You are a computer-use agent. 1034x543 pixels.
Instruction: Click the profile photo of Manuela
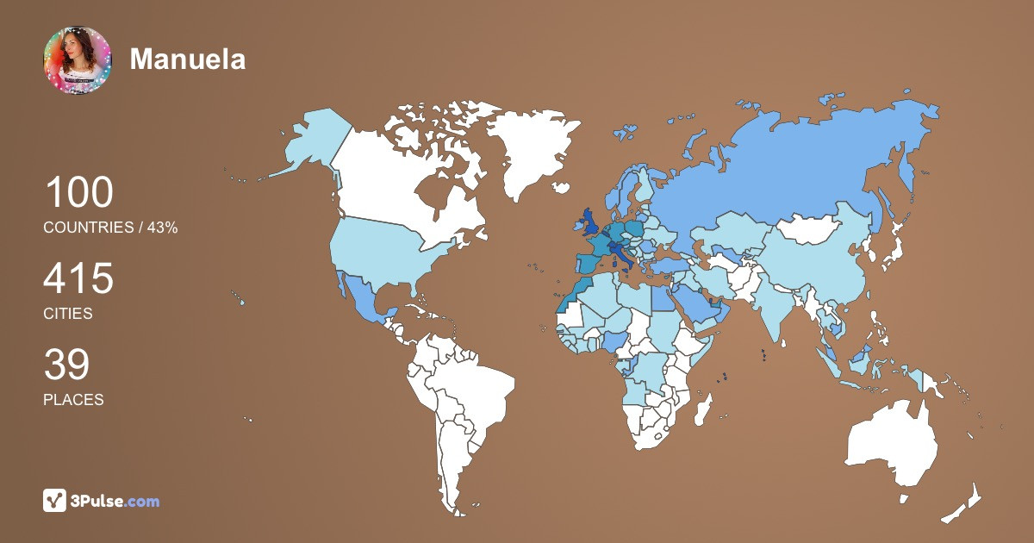[78, 59]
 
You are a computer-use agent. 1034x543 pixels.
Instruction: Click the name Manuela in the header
[188, 59]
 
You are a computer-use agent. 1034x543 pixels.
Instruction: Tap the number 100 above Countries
[78, 192]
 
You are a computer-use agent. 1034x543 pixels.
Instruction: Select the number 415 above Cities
[78, 279]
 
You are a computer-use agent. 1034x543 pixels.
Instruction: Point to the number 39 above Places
[66, 365]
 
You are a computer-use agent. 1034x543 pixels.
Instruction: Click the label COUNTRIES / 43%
[110, 228]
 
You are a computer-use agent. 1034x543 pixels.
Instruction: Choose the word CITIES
[68, 314]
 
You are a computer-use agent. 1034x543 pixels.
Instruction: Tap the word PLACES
[73, 400]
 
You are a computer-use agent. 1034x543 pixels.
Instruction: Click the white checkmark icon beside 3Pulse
[55, 500]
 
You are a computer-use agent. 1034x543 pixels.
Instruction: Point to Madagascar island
[705, 408]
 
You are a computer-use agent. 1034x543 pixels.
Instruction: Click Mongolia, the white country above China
[809, 230]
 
